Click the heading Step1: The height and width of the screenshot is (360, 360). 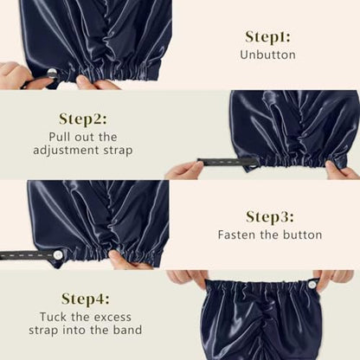point(267,36)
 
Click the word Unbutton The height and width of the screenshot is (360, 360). point(267,55)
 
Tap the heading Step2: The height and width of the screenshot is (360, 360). point(83,119)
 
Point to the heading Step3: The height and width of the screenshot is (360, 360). point(270,217)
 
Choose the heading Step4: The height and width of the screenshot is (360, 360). point(86,299)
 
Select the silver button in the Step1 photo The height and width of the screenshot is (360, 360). point(52,74)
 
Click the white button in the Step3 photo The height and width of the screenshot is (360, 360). point(58,254)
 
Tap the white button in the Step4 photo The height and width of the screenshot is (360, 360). point(312,285)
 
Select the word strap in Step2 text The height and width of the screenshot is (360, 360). point(118,151)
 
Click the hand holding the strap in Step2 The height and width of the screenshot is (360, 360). point(184,170)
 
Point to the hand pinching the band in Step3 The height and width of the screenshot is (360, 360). point(124,260)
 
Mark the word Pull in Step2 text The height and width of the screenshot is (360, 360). point(60,137)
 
